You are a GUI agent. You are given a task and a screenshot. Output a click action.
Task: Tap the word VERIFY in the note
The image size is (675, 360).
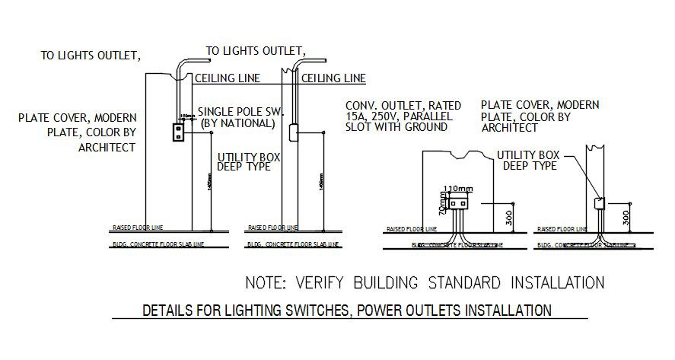pyautogui.click(x=323, y=284)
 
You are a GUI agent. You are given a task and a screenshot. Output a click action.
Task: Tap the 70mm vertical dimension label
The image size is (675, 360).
pyautogui.click(x=442, y=203)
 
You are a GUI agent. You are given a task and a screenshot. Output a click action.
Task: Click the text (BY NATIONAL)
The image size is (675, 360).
pyautogui.click(x=237, y=123)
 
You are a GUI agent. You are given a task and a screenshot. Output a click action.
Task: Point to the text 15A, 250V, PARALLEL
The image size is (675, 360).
pyautogui.click(x=399, y=116)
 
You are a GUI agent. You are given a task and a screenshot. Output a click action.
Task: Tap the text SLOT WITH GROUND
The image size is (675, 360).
pyautogui.click(x=396, y=127)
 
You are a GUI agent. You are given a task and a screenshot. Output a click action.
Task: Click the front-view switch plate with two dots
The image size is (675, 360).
pyautogui.click(x=179, y=132)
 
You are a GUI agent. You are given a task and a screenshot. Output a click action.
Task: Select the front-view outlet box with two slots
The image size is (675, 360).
pyautogui.click(x=458, y=202)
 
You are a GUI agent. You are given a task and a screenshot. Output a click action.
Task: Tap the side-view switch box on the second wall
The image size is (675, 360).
pyautogui.click(x=293, y=135)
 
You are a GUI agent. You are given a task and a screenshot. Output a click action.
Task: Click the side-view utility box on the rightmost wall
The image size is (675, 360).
pyautogui.click(x=599, y=204)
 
